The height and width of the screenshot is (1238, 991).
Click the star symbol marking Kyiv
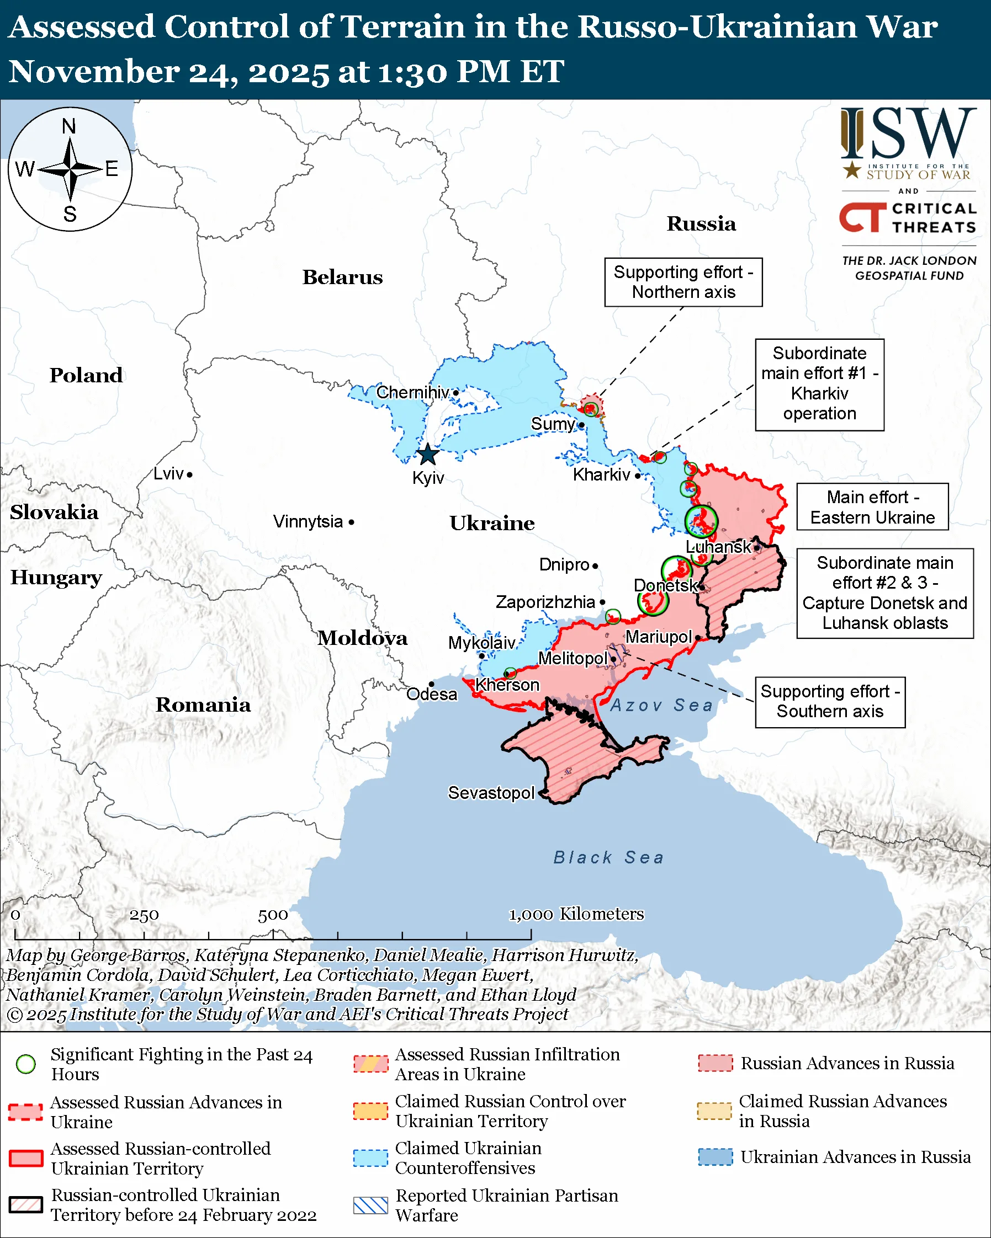click(x=427, y=454)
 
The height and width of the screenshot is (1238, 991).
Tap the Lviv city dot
click(x=189, y=474)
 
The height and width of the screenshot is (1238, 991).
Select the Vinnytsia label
click(x=308, y=521)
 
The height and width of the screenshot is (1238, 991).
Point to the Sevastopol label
click(x=491, y=793)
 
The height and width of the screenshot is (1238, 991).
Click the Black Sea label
click(x=608, y=857)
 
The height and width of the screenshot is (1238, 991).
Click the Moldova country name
click(x=363, y=638)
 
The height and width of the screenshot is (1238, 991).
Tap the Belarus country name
click(x=342, y=277)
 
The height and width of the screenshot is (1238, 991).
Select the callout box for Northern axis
click(x=683, y=282)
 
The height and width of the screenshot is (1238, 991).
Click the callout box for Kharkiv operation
click(x=819, y=384)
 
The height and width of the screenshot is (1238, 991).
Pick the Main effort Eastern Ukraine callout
click(x=872, y=506)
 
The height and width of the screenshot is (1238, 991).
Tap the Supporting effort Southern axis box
click(x=830, y=702)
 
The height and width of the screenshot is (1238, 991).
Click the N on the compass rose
click(x=69, y=126)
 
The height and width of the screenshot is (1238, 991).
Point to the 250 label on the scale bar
click(x=144, y=915)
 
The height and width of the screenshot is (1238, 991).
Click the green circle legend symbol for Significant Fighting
click(x=26, y=1064)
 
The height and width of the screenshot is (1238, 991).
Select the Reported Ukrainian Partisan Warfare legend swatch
click(x=370, y=1205)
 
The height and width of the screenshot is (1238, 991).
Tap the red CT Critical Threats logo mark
click(x=862, y=217)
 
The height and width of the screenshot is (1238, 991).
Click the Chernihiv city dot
click(x=455, y=393)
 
